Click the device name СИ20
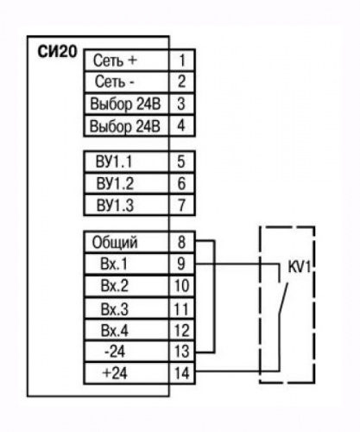pyautogui.click(x=58, y=52)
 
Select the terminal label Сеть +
pyautogui.click(x=115, y=60)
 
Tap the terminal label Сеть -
pyautogui.click(x=115, y=82)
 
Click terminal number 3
pyautogui.click(x=181, y=104)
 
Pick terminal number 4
pyautogui.click(x=181, y=125)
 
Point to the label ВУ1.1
pyautogui.click(x=114, y=162)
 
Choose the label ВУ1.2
pyautogui.click(x=115, y=183)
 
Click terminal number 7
pyautogui.click(x=181, y=206)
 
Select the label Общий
pyautogui.click(x=115, y=243)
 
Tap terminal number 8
pyautogui.click(x=181, y=242)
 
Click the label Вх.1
pyautogui.click(x=114, y=264)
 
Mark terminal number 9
pyautogui.click(x=181, y=264)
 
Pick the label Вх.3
pyautogui.click(x=115, y=309)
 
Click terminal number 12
pyautogui.click(x=182, y=331)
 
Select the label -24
pyautogui.click(x=115, y=352)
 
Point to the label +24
pyautogui.click(x=115, y=373)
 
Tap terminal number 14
pyautogui.click(x=182, y=373)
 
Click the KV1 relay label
pyautogui.click(x=300, y=268)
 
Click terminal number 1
pyautogui.click(x=182, y=60)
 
